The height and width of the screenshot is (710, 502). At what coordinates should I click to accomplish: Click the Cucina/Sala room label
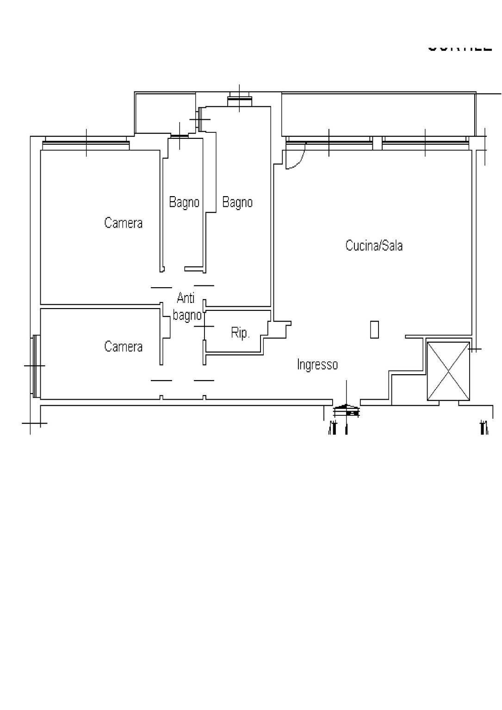(x=374, y=245)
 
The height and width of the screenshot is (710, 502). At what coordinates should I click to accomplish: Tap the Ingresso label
(x=317, y=364)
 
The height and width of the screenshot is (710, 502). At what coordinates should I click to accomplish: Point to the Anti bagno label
(x=186, y=307)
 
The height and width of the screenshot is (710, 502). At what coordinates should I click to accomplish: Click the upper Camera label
(x=123, y=223)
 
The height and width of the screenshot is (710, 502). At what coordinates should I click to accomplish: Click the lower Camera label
(x=123, y=346)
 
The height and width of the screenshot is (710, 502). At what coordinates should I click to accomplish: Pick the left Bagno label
(x=184, y=202)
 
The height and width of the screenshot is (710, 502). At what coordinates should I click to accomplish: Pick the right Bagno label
(x=237, y=202)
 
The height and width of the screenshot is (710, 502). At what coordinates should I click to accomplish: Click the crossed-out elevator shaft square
(x=448, y=370)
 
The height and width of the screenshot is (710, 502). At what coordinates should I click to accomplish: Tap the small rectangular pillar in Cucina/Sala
(x=374, y=329)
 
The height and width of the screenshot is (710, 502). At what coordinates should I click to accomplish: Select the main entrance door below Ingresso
(x=347, y=409)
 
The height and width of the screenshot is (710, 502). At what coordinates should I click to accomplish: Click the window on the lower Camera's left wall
(x=36, y=365)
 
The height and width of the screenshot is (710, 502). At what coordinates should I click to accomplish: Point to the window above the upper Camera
(x=86, y=142)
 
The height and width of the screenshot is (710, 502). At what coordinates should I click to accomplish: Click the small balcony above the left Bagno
(x=165, y=113)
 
